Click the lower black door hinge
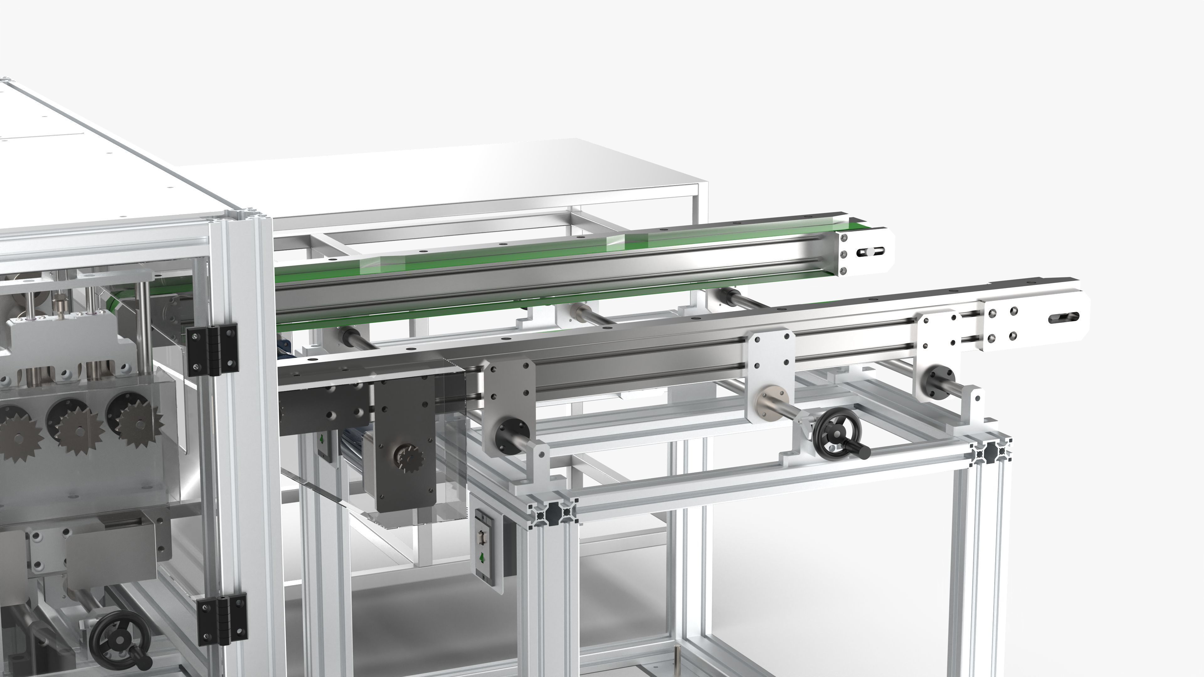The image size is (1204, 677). (222, 619)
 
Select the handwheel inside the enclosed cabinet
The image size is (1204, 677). (119, 638)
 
